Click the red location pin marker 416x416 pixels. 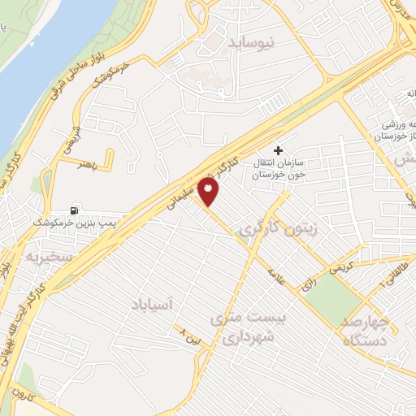[210, 192]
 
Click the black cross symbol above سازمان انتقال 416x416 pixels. [279, 150]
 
